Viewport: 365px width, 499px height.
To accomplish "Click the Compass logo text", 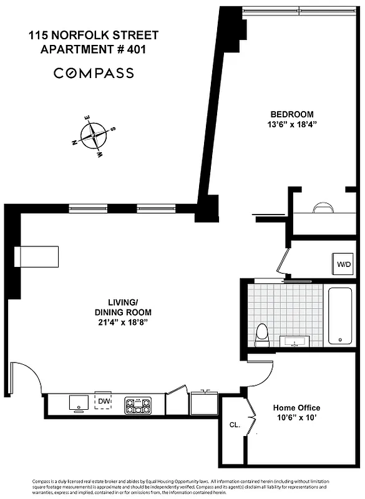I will click(x=94, y=73).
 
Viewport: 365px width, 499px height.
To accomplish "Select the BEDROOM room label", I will click(x=291, y=114).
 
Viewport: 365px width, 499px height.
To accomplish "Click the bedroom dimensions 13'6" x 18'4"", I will click(x=291, y=124).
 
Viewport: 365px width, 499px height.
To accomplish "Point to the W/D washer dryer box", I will click(x=344, y=264).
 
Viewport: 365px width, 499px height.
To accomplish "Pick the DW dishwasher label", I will click(x=103, y=400).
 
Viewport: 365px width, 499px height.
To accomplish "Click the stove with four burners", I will click(x=138, y=405).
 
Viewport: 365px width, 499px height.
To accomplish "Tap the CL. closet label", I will click(x=234, y=425).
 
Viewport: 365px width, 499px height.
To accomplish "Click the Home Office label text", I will click(x=297, y=408).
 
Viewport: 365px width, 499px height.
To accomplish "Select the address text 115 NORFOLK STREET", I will click(x=93, y=36).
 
